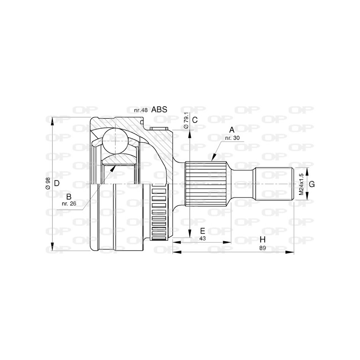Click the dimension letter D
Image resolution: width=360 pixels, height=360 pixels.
coord(57,183)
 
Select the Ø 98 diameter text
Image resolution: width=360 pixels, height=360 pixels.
coord(47,183)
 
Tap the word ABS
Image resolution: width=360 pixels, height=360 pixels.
coord(159,109)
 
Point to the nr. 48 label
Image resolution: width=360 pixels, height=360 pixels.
coord(141,110)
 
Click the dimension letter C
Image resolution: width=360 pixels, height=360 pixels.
coord(195,120)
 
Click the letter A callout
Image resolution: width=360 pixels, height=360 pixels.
coord(232,130)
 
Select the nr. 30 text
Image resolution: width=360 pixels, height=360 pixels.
coord(232,137)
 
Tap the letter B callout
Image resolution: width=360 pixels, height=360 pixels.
coord(68,196)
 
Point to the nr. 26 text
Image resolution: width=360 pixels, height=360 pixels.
coord(68,203)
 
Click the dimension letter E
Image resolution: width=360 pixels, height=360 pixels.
coord(202,231)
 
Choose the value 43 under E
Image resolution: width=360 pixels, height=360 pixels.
coord(202,238)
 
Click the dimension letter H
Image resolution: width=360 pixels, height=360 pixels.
coord(262,239)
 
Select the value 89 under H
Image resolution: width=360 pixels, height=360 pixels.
coord(262,248)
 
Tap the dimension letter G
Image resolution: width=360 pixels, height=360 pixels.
coord(311,183)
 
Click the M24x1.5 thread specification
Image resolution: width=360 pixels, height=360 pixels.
coord(300,184)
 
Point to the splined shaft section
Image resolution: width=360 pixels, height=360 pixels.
coord(206,183)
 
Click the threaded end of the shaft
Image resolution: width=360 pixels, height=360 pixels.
coord(274,184)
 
